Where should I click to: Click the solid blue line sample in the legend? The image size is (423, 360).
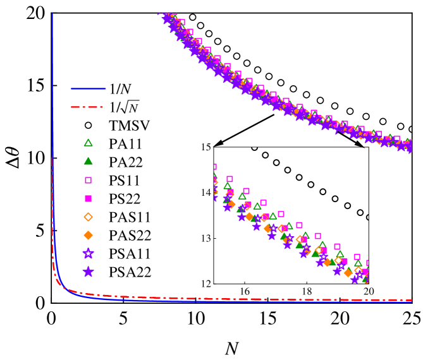click(x=89, y=88)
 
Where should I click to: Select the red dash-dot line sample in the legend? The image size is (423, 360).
click(x=87, y=107)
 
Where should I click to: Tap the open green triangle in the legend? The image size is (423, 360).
click(x=88, y=143)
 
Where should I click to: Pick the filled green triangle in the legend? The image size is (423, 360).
click(x=88, y=161)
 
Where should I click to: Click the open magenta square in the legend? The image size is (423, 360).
click(x=88, y=180)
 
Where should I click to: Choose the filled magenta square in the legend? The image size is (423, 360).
click(x=88, y=198)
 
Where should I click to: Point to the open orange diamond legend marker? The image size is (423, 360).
click(x=88, y=217)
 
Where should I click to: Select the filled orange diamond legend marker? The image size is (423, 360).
click(x=88, y=235)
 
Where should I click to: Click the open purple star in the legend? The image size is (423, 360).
click(x=88, y=253)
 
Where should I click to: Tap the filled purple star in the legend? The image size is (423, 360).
click(x=88, y=272)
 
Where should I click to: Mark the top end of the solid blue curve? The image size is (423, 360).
click(x=52, y=14)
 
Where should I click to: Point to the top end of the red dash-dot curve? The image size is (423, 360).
click(x=52, y=159)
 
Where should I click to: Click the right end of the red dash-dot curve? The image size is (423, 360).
click(x=412, y=300)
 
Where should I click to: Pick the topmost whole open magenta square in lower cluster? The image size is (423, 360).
click(x=230, y=179)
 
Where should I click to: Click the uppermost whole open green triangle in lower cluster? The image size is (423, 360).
click(x=228, y=186)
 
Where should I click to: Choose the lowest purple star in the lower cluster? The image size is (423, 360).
click(x=355, y=279)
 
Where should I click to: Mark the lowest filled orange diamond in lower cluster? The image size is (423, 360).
click(x=348, y=273)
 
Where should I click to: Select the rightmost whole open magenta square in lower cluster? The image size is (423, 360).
click(x=357, y=257)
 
